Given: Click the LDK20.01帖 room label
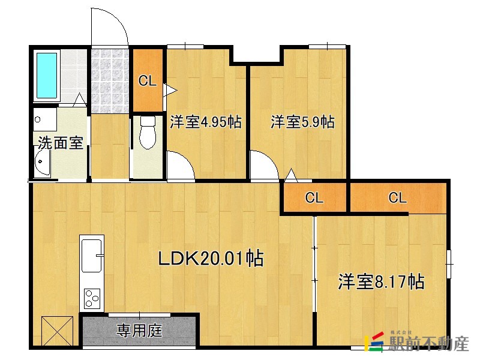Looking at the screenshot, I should pos(211,259).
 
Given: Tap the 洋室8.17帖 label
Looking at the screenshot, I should pos(382,281).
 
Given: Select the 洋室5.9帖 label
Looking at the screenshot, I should pos(302,122).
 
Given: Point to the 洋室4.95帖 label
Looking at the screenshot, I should pos(206,122).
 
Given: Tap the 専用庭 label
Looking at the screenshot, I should pos(139,329).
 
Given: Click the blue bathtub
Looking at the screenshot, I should pos(46,76).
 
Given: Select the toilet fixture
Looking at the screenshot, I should pos(147,132).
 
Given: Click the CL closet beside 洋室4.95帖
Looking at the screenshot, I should pos(148,80).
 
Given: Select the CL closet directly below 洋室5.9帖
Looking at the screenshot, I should pos(314,198).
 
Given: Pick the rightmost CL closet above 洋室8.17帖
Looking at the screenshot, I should pos(398,198).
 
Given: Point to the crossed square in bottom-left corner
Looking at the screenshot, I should pos(57,331).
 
